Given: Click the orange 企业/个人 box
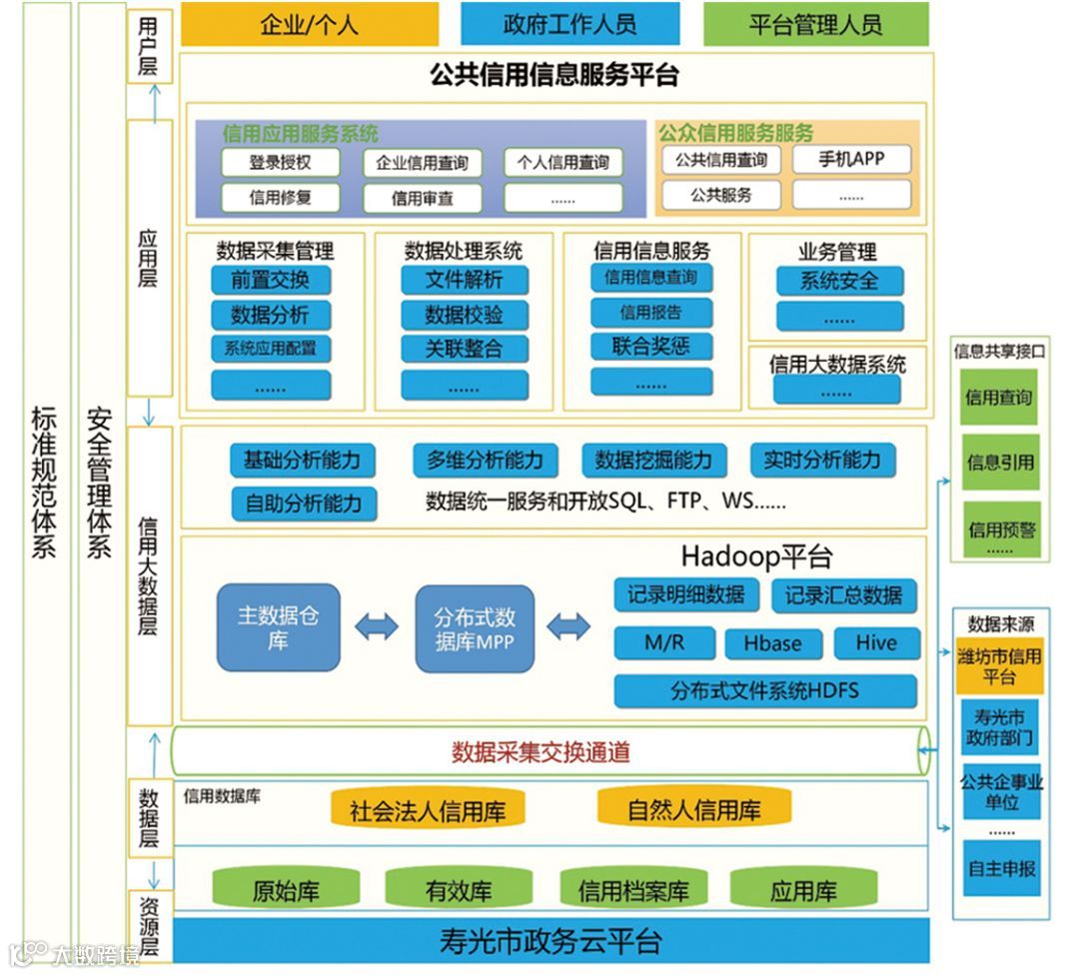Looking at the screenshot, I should (309, 24).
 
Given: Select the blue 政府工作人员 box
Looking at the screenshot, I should (569, 24).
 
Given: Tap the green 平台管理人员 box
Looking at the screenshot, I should (815, 24).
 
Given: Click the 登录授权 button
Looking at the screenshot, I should (280, 162).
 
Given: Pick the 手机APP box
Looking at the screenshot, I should (851, 159).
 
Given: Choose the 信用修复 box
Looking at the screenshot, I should (280, 197).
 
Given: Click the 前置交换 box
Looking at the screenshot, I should (270, 280).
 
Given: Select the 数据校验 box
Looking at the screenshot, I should (464, 315).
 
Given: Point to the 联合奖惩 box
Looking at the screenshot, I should (651, 347).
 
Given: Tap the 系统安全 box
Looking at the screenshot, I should (839, 281).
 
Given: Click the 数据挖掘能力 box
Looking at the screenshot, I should (653, 461).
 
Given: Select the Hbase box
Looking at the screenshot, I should (772, 643).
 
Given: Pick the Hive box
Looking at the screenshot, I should (875, 642).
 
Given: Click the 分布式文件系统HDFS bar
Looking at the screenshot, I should (764, 690).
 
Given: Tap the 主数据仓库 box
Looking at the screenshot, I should (278, 626).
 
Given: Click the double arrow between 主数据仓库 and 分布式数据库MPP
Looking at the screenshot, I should (376, 627).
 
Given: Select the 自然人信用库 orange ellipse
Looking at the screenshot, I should (694, 809).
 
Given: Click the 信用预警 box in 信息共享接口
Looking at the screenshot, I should (1000, 530).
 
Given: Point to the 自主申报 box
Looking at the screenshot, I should (1000, 868).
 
